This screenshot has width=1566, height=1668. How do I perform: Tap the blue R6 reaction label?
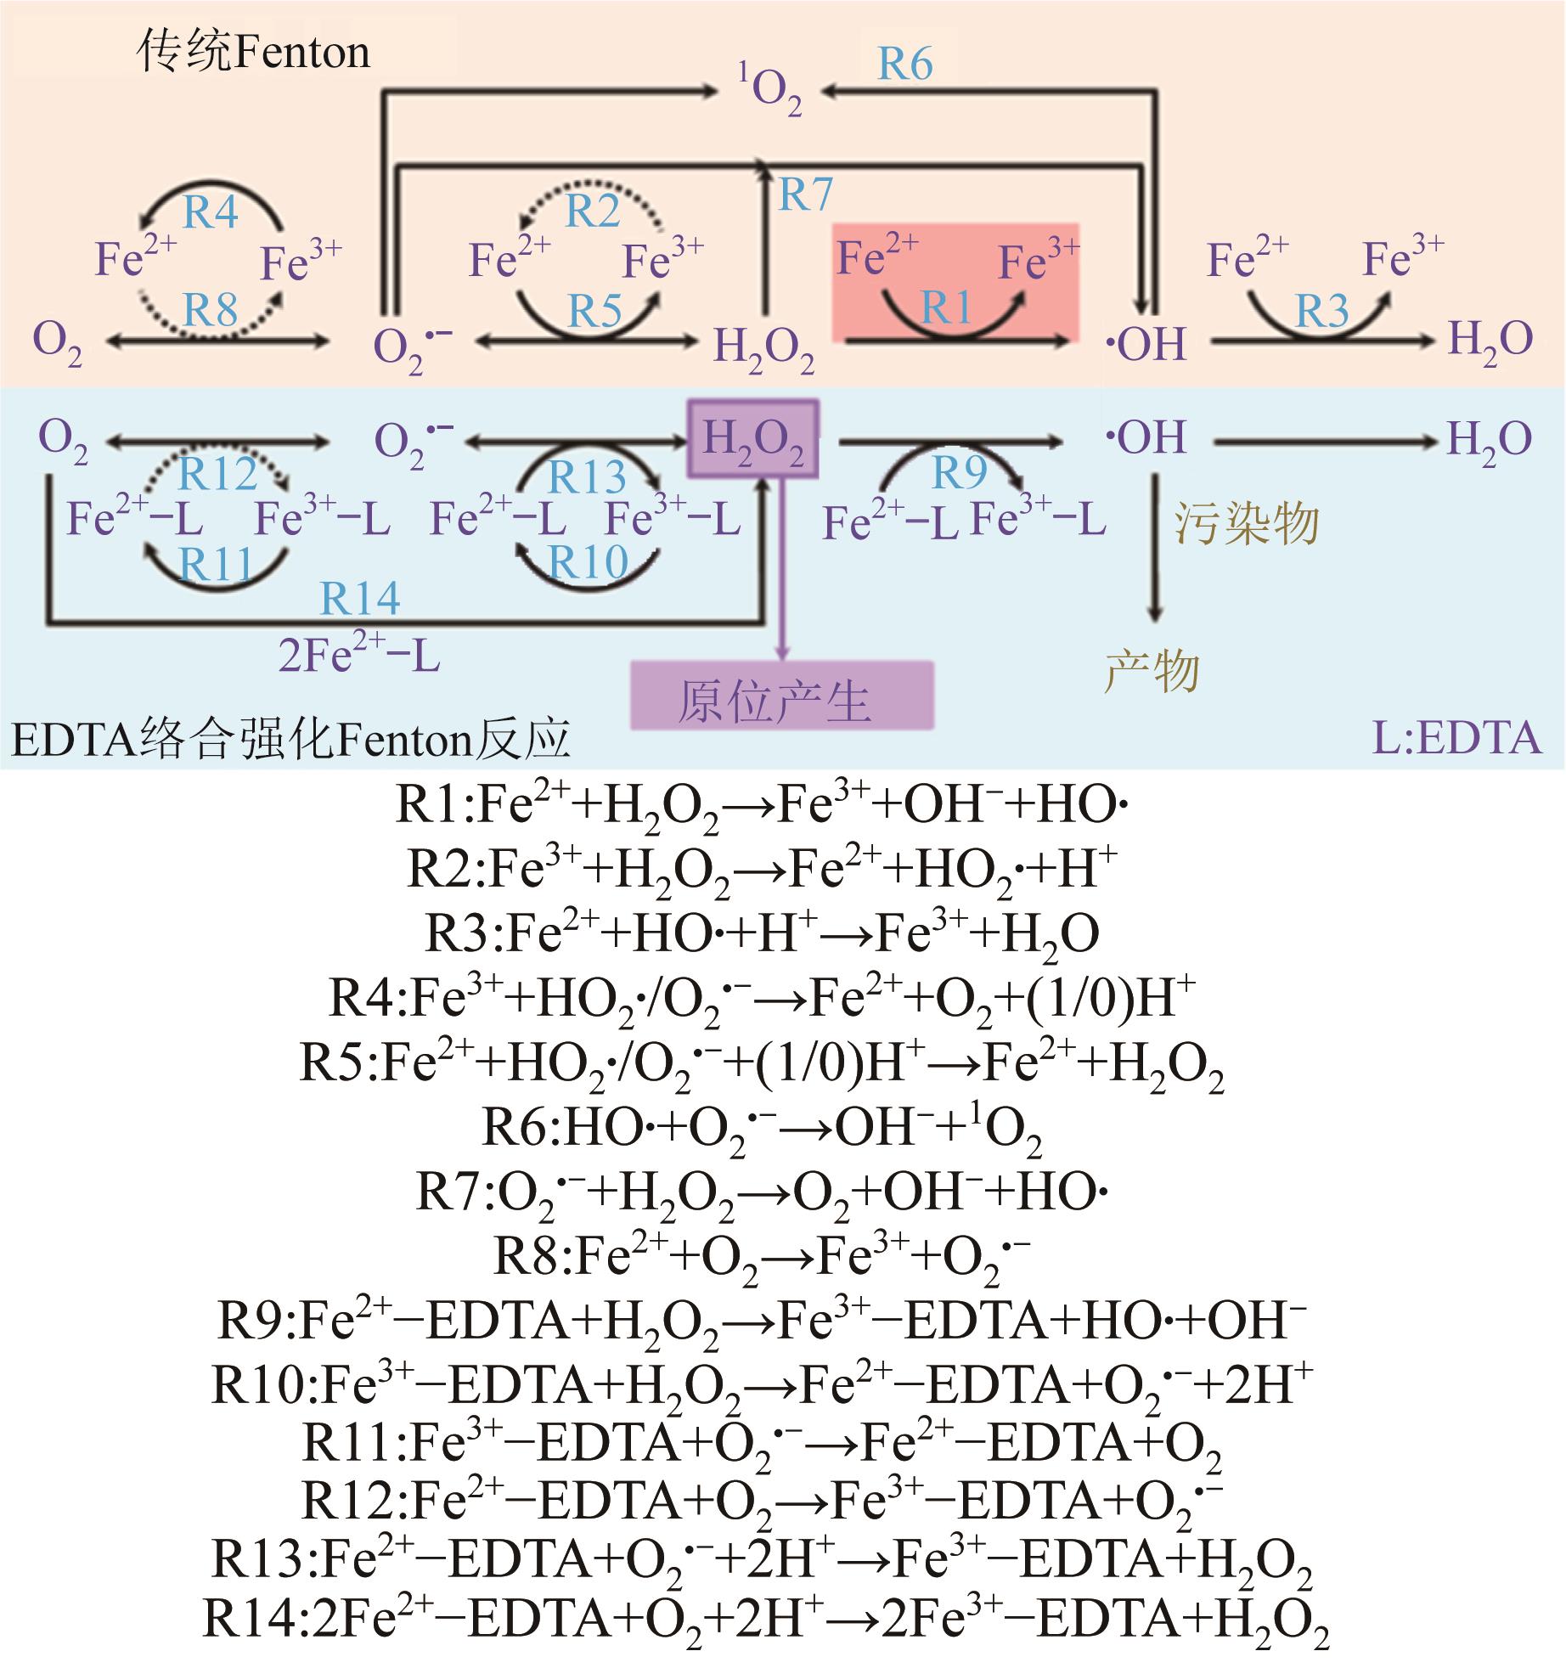[x=904, y=65]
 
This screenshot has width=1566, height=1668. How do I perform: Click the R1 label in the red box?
[x=946, y=307]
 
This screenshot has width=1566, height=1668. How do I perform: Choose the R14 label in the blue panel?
[x=359, y=599]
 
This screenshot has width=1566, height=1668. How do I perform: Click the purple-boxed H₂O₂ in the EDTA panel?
[x=753, y=439]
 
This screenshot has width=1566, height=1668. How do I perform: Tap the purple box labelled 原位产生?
[x=781, y=696]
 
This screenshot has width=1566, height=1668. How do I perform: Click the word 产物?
[x=1152, y=672]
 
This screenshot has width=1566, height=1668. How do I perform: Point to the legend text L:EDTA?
[x=1456, y=739]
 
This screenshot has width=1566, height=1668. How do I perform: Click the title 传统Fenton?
[x=253, y=53]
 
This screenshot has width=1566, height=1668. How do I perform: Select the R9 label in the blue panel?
[x=959, y=472]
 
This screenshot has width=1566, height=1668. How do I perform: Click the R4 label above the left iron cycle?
[x=211, y=212]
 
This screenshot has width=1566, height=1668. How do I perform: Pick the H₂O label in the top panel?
[x=1490, y=341]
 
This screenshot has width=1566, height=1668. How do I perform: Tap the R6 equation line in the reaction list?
[x=762, y=1129]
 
